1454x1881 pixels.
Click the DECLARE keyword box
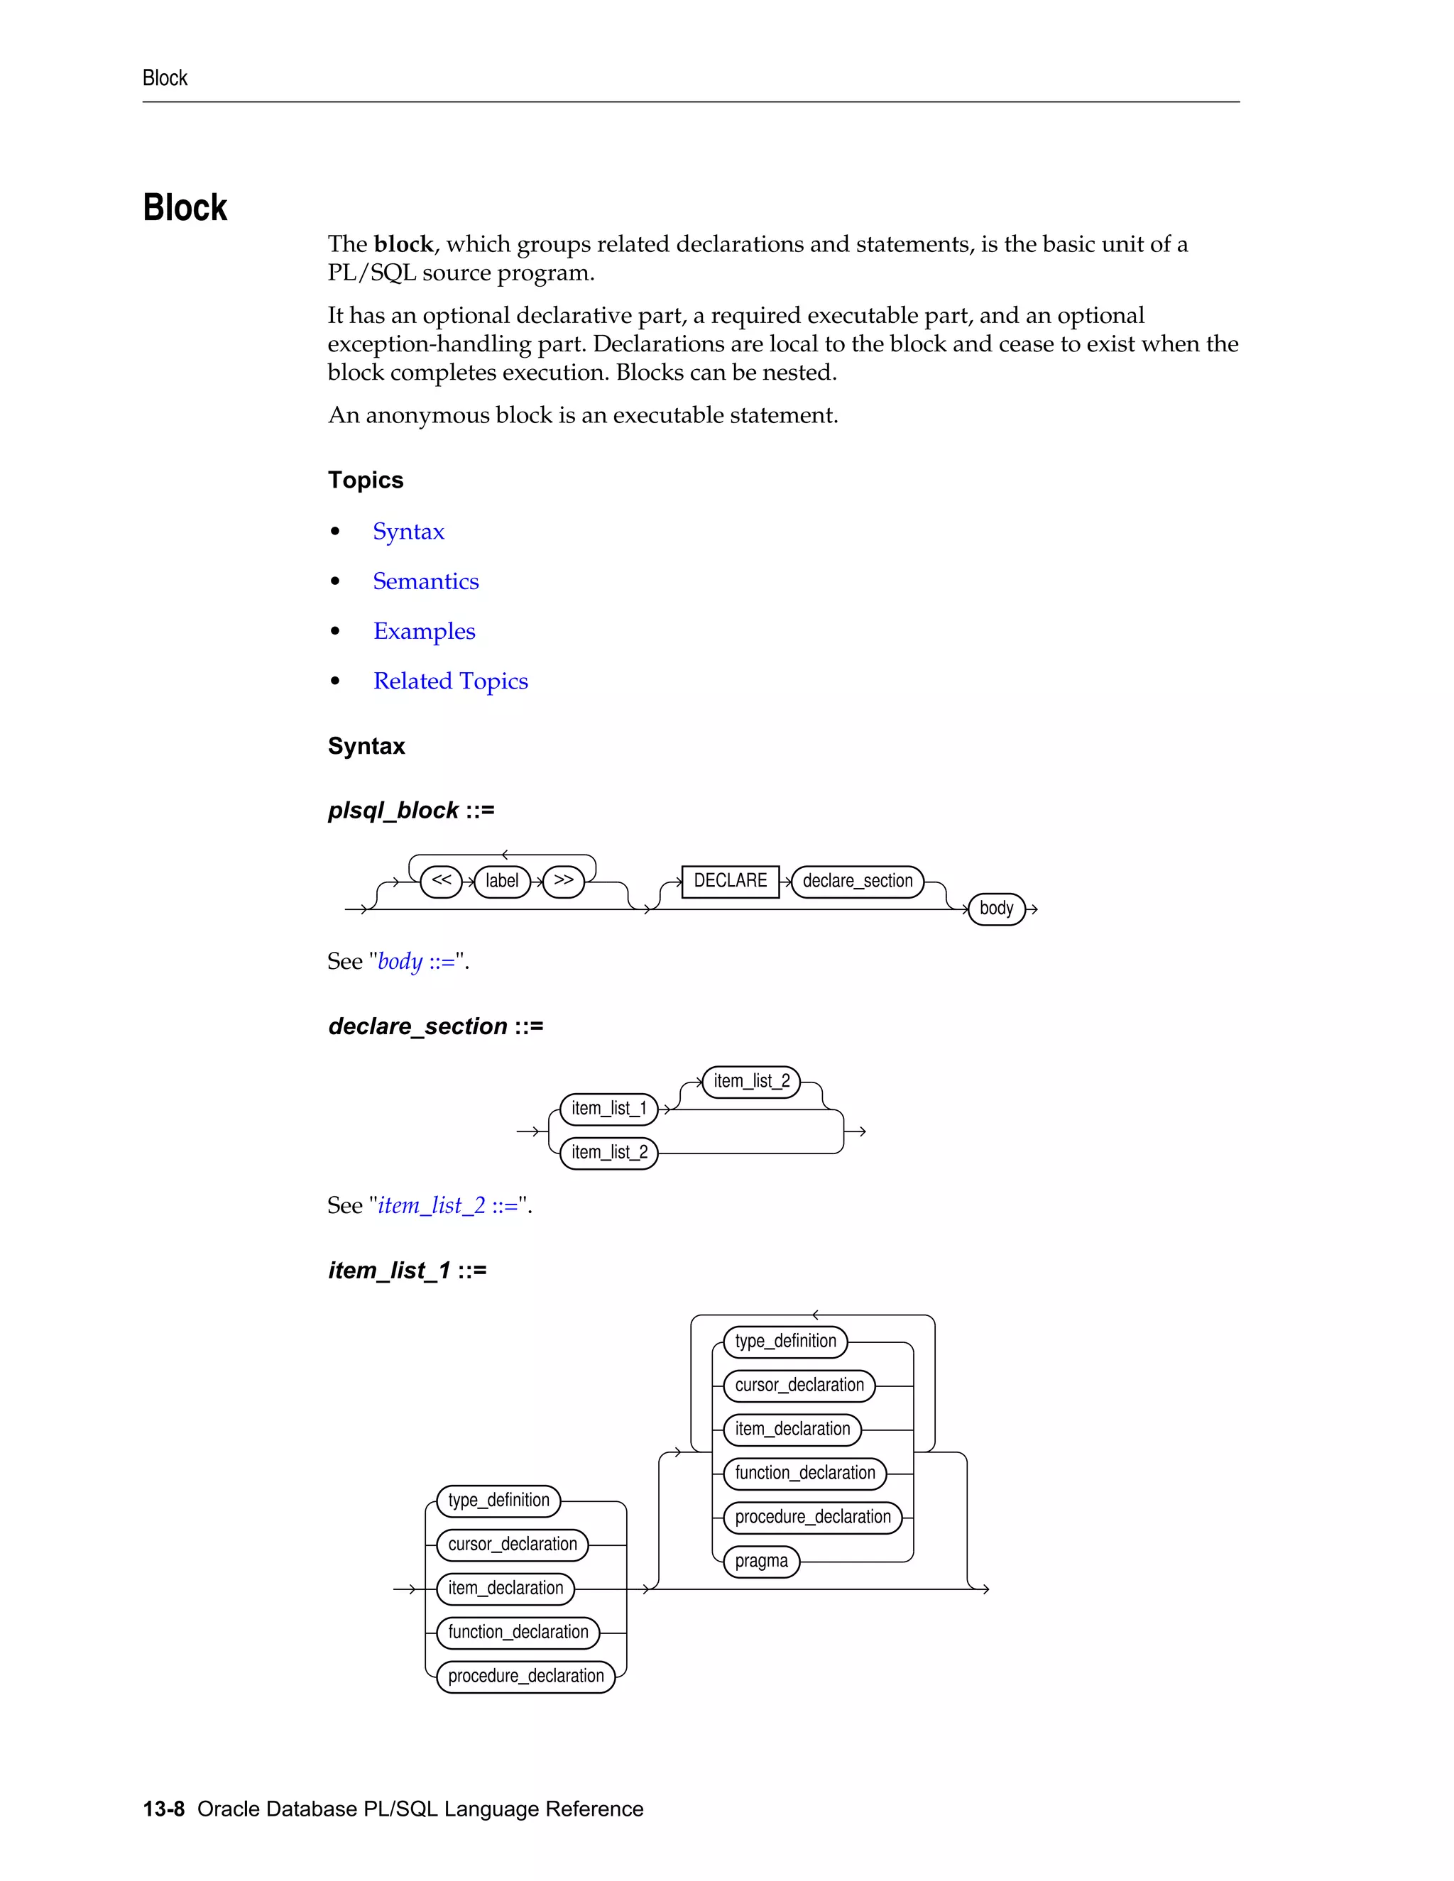tap(730, 881)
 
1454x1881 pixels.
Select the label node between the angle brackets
tap(501, 881)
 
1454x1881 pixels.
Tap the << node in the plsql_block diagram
tap(441, 880)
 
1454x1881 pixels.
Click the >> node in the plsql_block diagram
tap(563, 880)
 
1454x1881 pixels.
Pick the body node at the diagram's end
tap(996, 909)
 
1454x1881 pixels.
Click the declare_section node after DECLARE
tap(857, 881)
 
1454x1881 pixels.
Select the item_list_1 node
tap(608, 1109)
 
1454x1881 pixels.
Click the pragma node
tap(762, 1562)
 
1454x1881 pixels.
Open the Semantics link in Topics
tap(425, 581)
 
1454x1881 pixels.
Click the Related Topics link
tap(451, 681)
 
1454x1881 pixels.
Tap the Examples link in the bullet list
tap(424, 631)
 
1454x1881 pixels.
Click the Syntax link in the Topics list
tap(408, 532)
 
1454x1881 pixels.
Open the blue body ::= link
tap(416, 961)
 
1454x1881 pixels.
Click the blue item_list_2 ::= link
tap(448, 1205)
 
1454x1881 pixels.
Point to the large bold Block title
tap(185, 209)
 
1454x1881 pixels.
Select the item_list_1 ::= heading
tap(407, 1271)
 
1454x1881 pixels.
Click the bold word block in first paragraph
tap(403, 245)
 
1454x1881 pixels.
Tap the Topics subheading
tap(365, 480)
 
